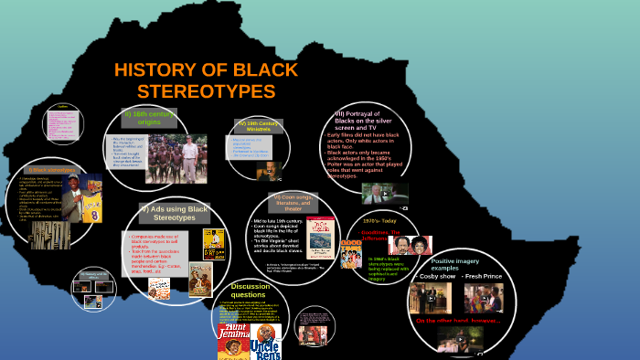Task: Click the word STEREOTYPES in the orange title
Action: point(206,91)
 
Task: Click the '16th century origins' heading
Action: point(149,118)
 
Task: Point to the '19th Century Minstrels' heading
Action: point(259,126)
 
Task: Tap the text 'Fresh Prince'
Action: point(484,274)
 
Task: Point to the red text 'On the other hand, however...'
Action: point(460,321)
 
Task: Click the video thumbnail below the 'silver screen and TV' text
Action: point(385,193)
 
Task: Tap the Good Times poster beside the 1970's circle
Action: point(350,253)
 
